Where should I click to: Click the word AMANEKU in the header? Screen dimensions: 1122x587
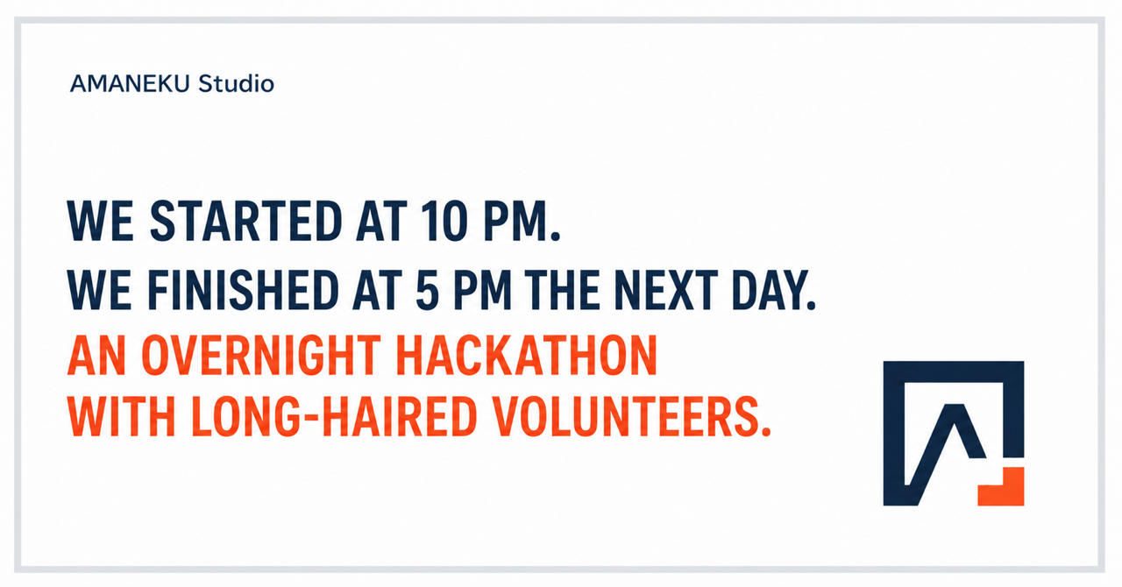click(129, 83)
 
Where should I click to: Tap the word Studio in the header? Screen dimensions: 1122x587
click(237, 83)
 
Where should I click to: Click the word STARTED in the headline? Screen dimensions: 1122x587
click(245, 222)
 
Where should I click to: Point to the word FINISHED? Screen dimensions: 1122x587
click(244, 291)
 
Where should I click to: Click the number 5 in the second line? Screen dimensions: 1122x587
click(427, 291)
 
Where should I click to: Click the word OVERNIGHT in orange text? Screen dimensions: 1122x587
click(261, 355)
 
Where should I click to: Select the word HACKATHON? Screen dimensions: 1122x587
click(527, 355)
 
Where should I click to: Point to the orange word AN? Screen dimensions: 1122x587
click(96, 355)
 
